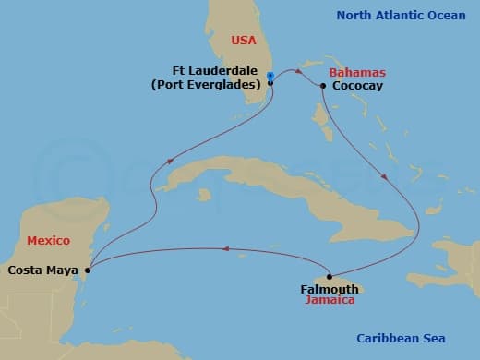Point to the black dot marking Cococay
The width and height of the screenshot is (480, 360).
coord(323,86)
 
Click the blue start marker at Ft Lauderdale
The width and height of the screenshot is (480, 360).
coord(269,76)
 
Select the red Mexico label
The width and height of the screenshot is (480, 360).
coord(48,240)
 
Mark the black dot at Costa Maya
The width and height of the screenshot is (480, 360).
coord(88,270)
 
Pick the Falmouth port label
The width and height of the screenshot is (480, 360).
coord(330,289)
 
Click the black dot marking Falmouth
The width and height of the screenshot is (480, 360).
coord(330,276)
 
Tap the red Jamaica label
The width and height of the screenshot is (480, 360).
coord(330,301)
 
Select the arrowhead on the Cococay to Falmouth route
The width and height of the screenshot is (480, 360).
coord(384,174)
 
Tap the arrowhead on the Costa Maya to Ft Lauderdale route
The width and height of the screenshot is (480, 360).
coord(169,162)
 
